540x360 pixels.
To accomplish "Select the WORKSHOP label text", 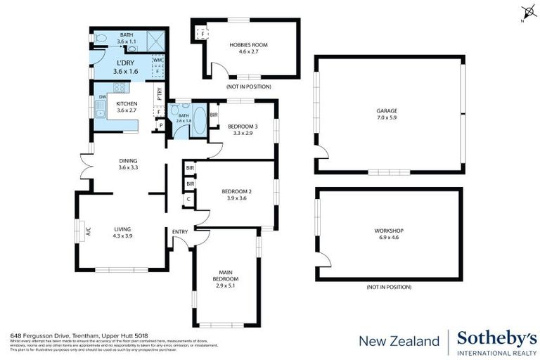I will pos(389,230).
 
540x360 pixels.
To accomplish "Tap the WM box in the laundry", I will pos(157,60).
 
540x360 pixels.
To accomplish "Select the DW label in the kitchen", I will pos(103,96).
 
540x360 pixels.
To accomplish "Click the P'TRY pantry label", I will pos(160,93).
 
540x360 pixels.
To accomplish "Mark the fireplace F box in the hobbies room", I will pos(204,34).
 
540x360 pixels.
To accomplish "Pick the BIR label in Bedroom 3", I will pos(214,114).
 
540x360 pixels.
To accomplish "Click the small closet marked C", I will pos(188,199).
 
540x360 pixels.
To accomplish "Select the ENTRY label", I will pos(180,231).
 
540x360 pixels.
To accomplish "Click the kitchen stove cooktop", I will pos(119,88).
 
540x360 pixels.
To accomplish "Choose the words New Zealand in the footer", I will pos(399,341).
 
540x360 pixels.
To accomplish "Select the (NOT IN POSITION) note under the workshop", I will pos(389,287).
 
